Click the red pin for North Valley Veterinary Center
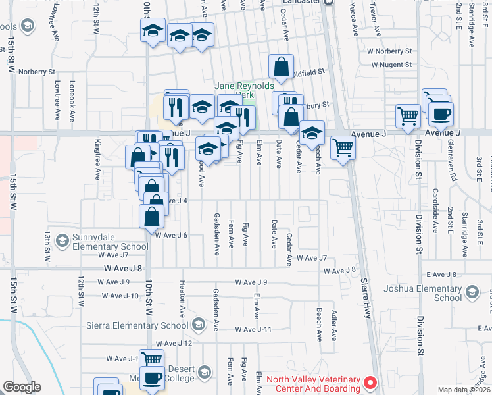coord(370,382)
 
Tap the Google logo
coord(22,387)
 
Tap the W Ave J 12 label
coord(174,343)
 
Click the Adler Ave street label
coord(334,325)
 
